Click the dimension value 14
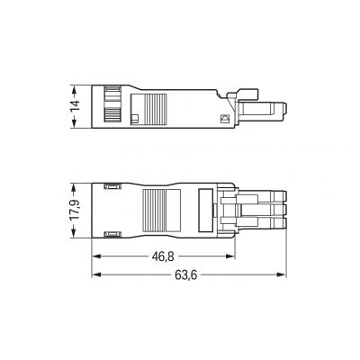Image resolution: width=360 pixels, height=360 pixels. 76,106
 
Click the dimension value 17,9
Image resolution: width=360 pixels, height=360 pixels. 76,211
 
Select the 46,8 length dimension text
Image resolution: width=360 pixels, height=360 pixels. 163,256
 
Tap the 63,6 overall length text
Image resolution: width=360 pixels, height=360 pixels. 186,274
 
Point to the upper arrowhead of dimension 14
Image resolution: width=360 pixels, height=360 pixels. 74,89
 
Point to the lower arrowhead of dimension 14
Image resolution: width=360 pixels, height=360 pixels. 74,124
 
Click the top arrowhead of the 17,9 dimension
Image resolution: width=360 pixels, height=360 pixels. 74,186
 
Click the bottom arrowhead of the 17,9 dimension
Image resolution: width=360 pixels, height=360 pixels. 74,234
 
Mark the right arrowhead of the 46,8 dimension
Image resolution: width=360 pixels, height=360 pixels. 230,256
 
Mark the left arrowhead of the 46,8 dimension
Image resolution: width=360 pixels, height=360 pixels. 95,256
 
